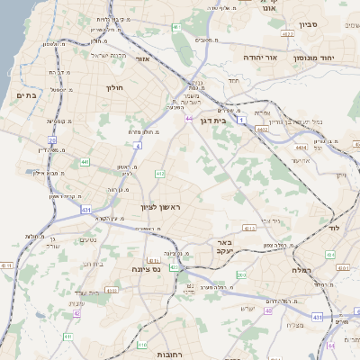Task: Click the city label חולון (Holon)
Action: (x=113, y=87)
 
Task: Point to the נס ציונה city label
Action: (x=145, y=268)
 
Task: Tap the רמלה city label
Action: (x=301, y=269)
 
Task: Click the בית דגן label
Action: (x=213, y=120)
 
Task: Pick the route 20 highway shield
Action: (x=52, y=140)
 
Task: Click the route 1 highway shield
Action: (x=241, y=119)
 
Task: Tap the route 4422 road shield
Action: (x=287, y=34)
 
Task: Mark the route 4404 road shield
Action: (x=301, y=146)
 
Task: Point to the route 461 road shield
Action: (x=175, y=27)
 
